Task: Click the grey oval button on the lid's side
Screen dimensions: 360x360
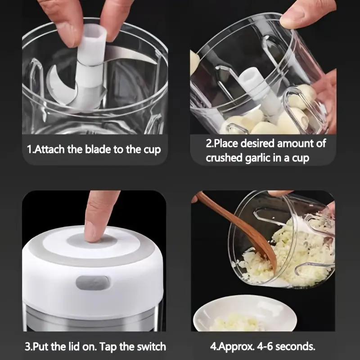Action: pyautogui.click(x=93, y=283)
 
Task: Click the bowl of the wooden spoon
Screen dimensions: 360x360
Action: pyautogui.click(x=266, y=252)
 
